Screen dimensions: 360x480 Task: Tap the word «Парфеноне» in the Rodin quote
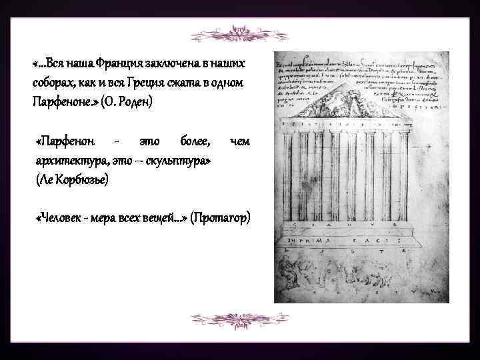tap(60, 101)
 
